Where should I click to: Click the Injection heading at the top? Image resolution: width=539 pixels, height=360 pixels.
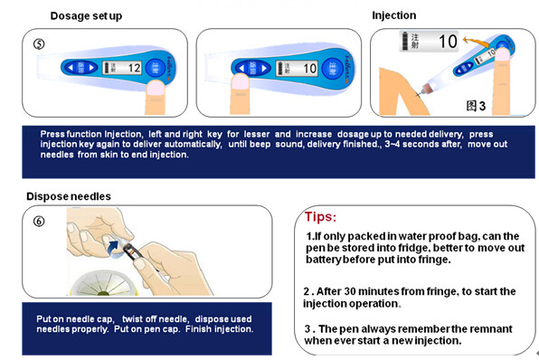click(393, 15)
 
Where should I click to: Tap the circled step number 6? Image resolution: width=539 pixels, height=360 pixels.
click(37, 220)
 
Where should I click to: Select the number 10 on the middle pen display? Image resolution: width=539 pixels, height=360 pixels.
click(310, 68)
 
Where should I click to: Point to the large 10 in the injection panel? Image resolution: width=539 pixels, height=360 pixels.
click(448, 42)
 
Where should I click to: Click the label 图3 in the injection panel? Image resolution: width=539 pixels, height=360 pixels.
click(476, 106)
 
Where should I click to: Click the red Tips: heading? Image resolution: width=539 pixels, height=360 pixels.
click(321, 218)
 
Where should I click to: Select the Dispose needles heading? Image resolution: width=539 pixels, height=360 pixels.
click(69, 196)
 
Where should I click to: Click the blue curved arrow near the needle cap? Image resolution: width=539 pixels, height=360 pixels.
click(113, 243)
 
